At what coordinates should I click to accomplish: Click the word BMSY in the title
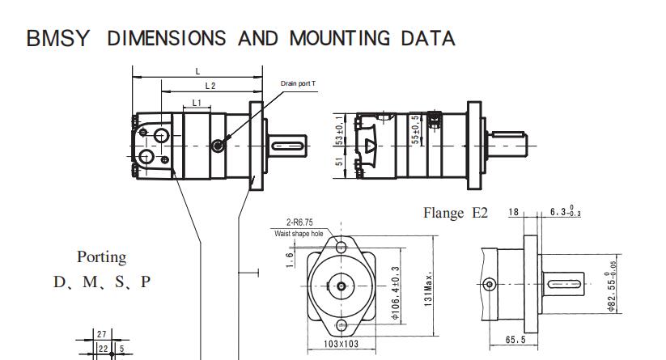coord(58,38)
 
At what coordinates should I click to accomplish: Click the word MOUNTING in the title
coord(339,38)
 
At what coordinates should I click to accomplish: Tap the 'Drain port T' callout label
coord(298,83)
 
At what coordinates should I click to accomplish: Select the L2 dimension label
coord(210,86)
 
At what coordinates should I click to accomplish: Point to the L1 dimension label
coord(197,104)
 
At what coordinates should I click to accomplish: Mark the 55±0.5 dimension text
coord(415,130)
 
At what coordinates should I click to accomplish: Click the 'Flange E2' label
coord(456,213)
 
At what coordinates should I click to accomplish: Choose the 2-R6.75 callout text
coord(299,222)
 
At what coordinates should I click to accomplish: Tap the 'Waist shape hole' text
coord(299,234)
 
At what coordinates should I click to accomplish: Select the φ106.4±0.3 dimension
coord(396,293)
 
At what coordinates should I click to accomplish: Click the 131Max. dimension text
coord(428,289)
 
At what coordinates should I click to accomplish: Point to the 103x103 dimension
coord(341,344)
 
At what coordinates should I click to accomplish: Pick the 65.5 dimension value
coord(515,340)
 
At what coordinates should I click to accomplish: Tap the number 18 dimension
coord(514,212)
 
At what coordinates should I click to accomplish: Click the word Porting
coord(101,257)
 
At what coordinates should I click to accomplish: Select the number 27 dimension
coord(101,334)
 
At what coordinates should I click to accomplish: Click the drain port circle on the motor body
coord(218,146)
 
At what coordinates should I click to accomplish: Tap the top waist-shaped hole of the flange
coord(341,246)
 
